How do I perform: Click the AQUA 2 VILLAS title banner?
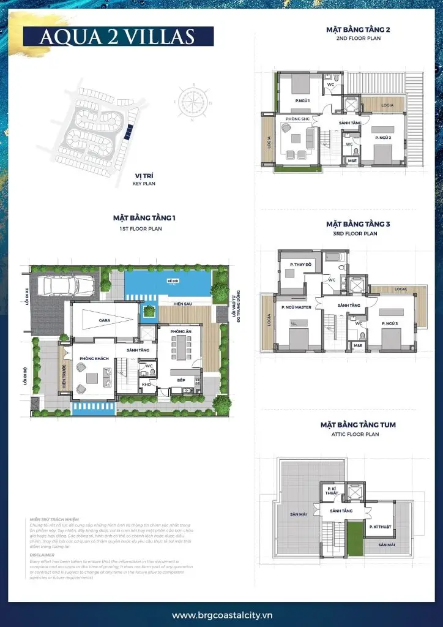pos(117,36)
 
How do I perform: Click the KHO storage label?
pos(146,384)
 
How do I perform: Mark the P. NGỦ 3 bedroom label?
pos(390,322)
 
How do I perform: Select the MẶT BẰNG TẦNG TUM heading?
pos(349,424)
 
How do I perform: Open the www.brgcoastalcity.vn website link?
pos(221,615)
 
